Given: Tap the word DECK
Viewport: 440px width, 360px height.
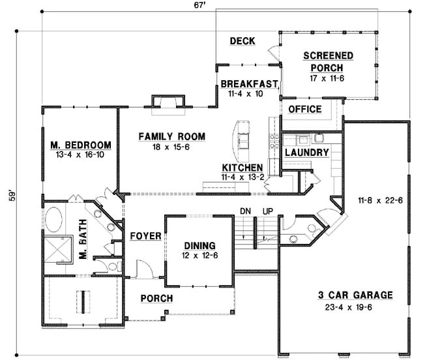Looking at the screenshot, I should pyautogui.click(x=242, y=42).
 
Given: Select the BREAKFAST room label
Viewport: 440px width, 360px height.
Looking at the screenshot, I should pyautogui.click(x=249, y=84).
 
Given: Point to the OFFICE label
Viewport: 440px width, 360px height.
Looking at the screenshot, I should pyautogui.click(x=304, y=109).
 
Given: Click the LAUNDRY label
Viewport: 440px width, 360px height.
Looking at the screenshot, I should pyautogui.click(x=306, y=152).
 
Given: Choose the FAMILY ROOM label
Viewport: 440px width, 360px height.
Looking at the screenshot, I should pyautogui.click(x=171, y=136).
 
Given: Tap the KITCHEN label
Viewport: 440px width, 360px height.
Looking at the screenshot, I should pyautogui.click(x=242, y=168).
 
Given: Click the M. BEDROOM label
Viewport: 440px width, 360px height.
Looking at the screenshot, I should pyautogui.click(x=80, y=145).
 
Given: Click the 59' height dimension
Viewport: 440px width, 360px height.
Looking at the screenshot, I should pyautogui.click(x=10, y=196).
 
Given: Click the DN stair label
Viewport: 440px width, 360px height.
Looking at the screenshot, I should pyautogui.click(x=245, y=211).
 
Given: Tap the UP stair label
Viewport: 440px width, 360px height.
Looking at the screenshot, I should pyautogui.click(x=267, y=211).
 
